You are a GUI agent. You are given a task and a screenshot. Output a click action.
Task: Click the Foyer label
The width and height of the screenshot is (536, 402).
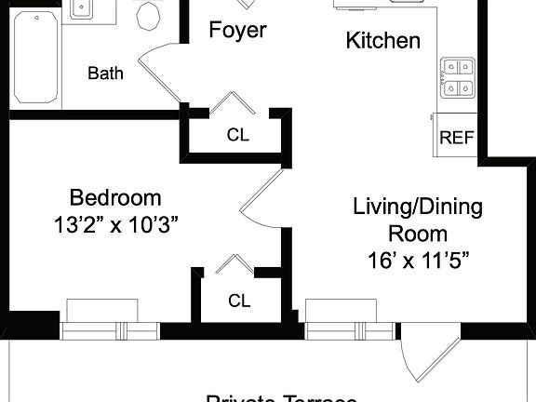(x=236, y=30)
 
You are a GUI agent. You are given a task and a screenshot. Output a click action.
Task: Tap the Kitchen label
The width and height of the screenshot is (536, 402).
(x=382, y=41)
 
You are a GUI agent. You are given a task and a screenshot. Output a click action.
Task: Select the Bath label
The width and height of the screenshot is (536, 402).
(x=106, y=73)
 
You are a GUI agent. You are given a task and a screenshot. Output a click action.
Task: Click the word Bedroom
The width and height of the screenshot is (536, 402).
(x=115, y=197)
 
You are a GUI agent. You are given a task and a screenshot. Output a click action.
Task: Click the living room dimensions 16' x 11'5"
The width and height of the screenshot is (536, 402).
(x=417, y=260)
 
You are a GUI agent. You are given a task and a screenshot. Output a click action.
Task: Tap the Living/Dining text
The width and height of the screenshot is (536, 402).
(x=417, y=207)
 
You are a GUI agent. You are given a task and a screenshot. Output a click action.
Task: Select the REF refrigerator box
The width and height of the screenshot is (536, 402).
(x=456, y=139)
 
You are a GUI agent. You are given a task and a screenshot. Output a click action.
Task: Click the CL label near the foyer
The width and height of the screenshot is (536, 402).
(x=238, y=135)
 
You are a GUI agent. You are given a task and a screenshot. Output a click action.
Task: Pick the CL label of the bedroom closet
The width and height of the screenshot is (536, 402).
(x=239, y=301)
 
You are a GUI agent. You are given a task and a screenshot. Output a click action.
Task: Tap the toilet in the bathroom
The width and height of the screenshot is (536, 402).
(x=149, y=15)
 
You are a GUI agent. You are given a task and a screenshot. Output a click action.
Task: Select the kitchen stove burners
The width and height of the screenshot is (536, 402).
(x=457, y=77)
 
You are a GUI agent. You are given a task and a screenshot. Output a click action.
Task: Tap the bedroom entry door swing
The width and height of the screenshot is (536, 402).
(x=261, y=196)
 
